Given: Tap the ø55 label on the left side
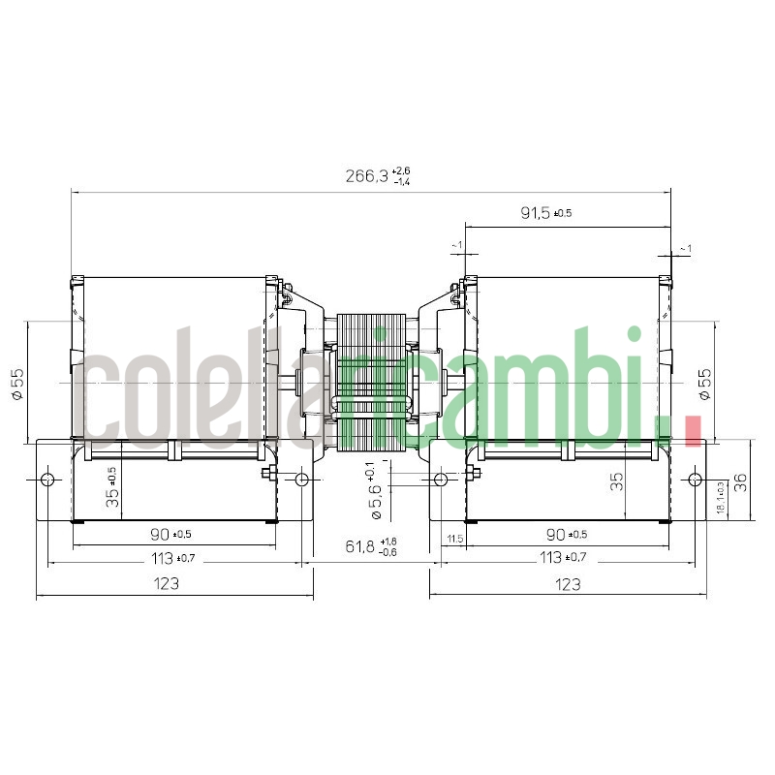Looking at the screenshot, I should click(17, 384).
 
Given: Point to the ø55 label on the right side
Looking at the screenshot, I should click(704, 384).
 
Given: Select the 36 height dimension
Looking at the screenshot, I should click(741, 481).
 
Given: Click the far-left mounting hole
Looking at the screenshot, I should click(47, 480).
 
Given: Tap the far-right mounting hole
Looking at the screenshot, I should click(695, 480).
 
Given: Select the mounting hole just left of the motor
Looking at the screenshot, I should click(302, 480).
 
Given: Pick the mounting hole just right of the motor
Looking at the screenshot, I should click(441, 480).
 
